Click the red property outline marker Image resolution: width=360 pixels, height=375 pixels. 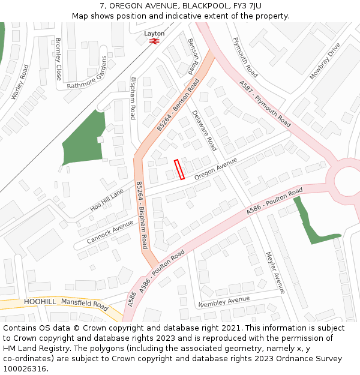click(x=179, y=169)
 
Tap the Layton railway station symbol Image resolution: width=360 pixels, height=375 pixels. click(x=154, y=41)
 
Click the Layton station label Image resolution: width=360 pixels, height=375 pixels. click(x=154, y=34)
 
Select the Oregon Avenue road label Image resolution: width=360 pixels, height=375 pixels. click(x=216, y=169)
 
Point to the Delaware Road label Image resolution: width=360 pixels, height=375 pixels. click(x=205, y=130)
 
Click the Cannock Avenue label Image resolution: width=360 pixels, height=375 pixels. click(x=110, y=231)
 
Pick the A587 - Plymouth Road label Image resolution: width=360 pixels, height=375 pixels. click(x=265, y=104)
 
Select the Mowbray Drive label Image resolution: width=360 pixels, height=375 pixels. click(x=325, y=61)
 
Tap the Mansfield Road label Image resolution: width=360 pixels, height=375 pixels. click(x=85, y=304)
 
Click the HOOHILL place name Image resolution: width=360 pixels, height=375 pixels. click(x=40, y=301)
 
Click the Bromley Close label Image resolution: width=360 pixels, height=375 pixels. click(x=58, y=59)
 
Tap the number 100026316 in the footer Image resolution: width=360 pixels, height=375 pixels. click(x=26, y=369)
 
